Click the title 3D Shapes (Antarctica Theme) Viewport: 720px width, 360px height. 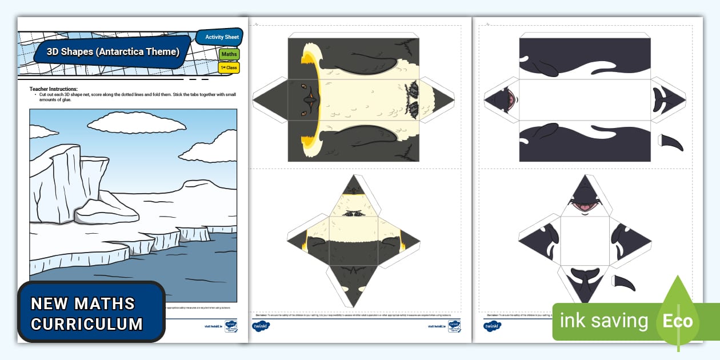pyautogui.click(x=113, y=52)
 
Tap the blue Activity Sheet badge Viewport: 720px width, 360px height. pyautogui.click(x=222, y=37)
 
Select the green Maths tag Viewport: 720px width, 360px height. pyautogui.click(x=229, y=54)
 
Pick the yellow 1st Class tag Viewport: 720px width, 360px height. pyautogui.click(x=229, y=67)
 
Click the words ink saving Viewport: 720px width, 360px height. pyautogui.click(x=603, y=321)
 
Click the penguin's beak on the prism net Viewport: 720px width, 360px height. pyautogui.click(x=309, y=101)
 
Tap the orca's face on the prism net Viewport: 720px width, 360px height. pyautogui.click(x=502, y=100)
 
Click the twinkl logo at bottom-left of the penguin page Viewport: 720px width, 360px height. pyautogui.click(x=261, y=326)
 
